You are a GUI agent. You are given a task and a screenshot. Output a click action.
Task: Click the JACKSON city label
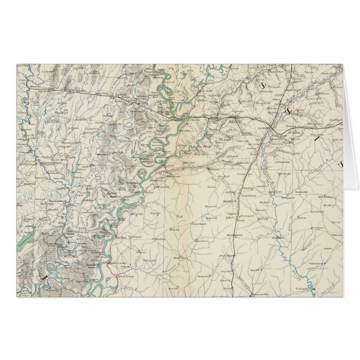262,127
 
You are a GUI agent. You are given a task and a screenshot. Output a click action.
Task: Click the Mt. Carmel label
319,228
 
